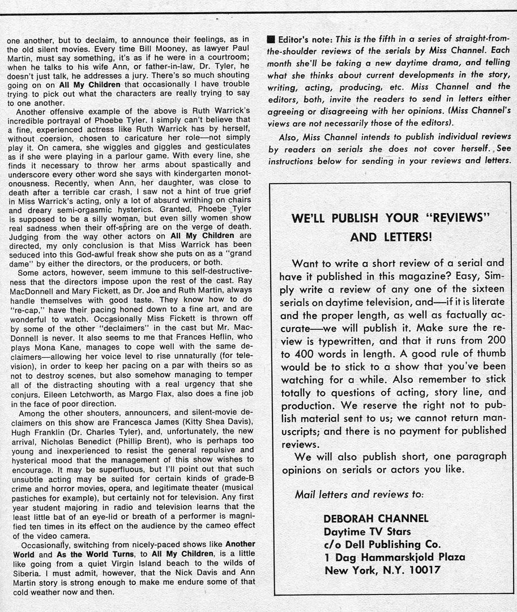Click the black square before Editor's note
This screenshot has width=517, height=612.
tap(271, 40)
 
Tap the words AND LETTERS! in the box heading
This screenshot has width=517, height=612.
tap(391, 237)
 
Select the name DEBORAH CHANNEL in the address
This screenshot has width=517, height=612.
tap(376, 518)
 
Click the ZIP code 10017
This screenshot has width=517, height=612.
tap(419, 570)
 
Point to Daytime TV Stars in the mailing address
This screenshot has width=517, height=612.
tap(368, 532)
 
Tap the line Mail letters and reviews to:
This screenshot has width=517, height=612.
tap(359, 494)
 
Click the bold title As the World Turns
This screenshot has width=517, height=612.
tap(96, 554)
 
